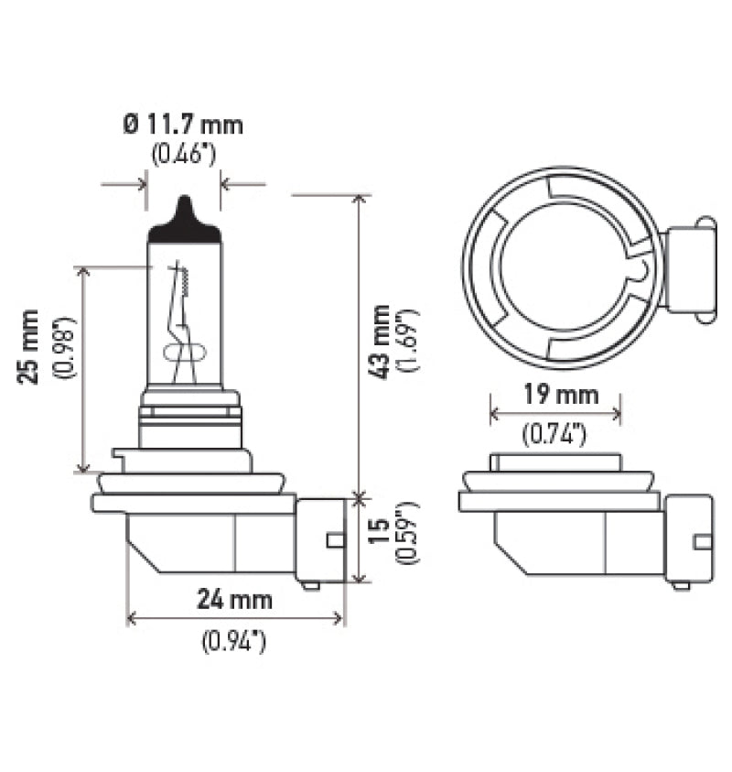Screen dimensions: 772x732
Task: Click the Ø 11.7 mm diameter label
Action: coord(184,124)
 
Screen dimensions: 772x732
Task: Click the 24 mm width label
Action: coord(235,600)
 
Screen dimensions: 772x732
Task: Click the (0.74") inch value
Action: coord(554,436)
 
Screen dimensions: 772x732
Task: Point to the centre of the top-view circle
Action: coord(565,266)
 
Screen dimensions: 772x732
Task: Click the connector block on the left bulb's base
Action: coord(320,540)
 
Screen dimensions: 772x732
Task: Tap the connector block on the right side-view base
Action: coord(689,540)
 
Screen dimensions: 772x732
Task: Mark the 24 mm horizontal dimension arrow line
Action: coord(235,619)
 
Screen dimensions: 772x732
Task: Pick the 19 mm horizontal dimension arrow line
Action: coord(555,415)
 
